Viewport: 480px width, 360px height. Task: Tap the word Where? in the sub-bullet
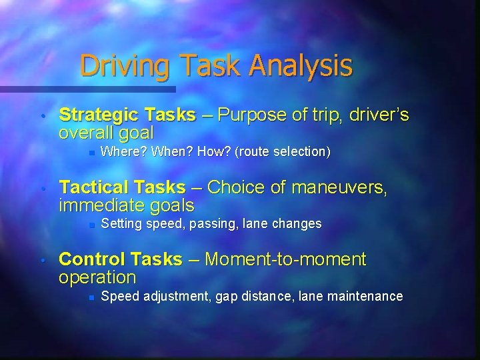(x=123, y=152)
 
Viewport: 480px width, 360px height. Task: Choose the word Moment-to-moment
(x=286, y=259)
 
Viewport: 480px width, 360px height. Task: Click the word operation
(x=97, y=277)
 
